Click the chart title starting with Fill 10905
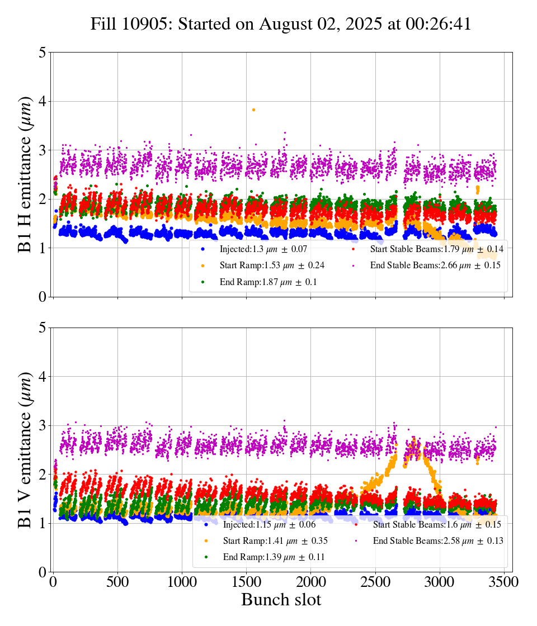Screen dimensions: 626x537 (x=281, y=24)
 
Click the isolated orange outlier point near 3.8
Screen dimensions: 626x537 (x=253, y=110)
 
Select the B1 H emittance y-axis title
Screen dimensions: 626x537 (x=25, y=174)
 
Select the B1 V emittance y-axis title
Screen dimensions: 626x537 (x=25, y=449)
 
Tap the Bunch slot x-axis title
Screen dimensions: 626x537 (x=281, y=600)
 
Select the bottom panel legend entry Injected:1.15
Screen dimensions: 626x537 (x=268, y=524)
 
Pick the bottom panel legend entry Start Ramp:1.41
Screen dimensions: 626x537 (x=275, y=540)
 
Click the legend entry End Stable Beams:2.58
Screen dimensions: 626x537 (x=437, y=540)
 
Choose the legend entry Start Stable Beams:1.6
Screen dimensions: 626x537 (x=436, y=524)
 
